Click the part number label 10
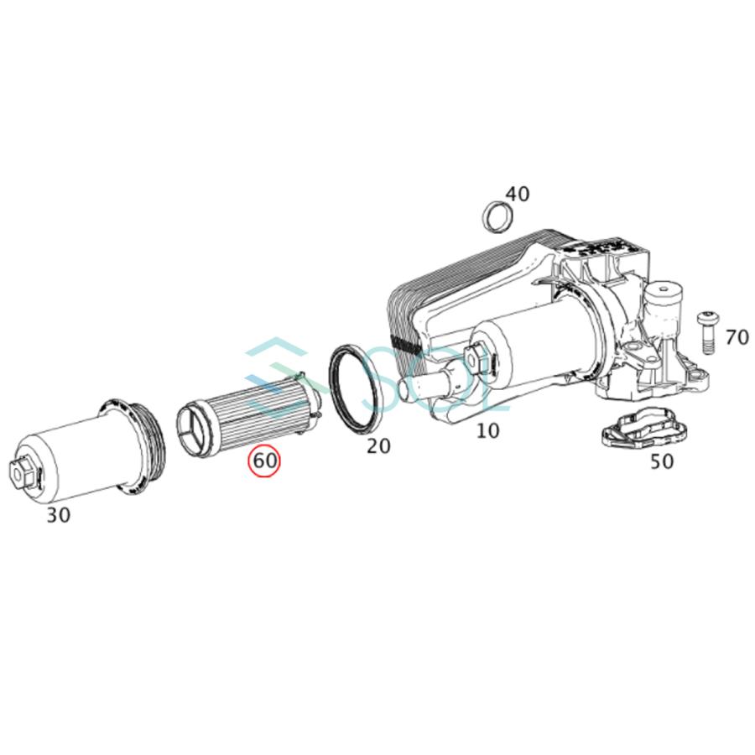(487, 431)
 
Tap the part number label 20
(378, 445)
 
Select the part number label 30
(58, 515)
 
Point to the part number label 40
(518, 194)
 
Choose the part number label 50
(662, 461)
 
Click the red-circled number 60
(265, 461)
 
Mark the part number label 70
(737, 337)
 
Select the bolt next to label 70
(705, 335)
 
